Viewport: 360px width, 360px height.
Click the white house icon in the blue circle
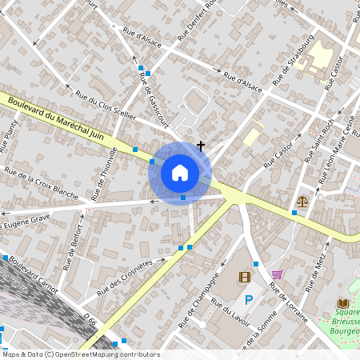(180, 172)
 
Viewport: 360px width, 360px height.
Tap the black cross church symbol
(200, 146)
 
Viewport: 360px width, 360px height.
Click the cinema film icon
(245, 278)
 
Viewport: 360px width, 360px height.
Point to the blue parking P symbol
(249, 300)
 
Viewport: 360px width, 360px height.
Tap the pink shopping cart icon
(277, 274)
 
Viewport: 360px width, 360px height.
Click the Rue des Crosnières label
(125, 277)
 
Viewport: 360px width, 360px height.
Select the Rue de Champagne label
(206, 295)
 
